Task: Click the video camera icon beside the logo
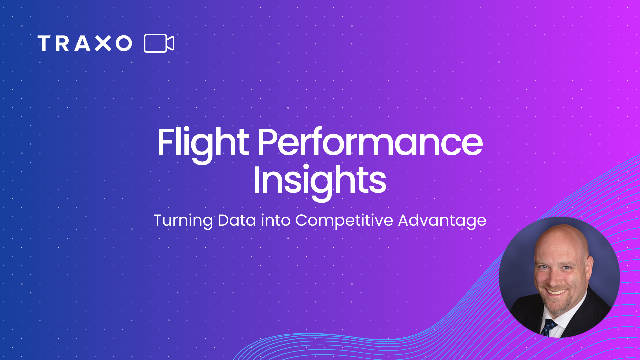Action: (x=159, y=43)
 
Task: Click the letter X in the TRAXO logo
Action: (x=103, y=43)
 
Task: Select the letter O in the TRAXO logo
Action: (x=124, y=43)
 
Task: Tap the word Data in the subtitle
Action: (x=237, y=220)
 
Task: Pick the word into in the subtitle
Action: (x=276, y=220)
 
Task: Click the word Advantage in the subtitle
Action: (x=442, y=221)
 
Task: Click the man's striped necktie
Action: (x=548, y=327)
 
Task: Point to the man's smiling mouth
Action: (x=556, y=292)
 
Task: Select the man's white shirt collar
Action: (x=567, y=317)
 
